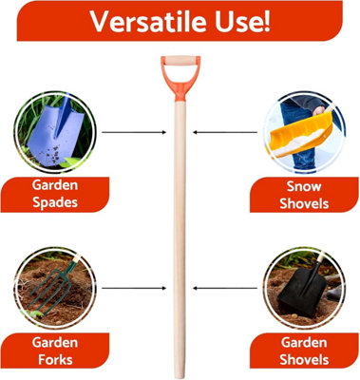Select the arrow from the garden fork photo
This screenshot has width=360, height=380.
pos(128,285)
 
